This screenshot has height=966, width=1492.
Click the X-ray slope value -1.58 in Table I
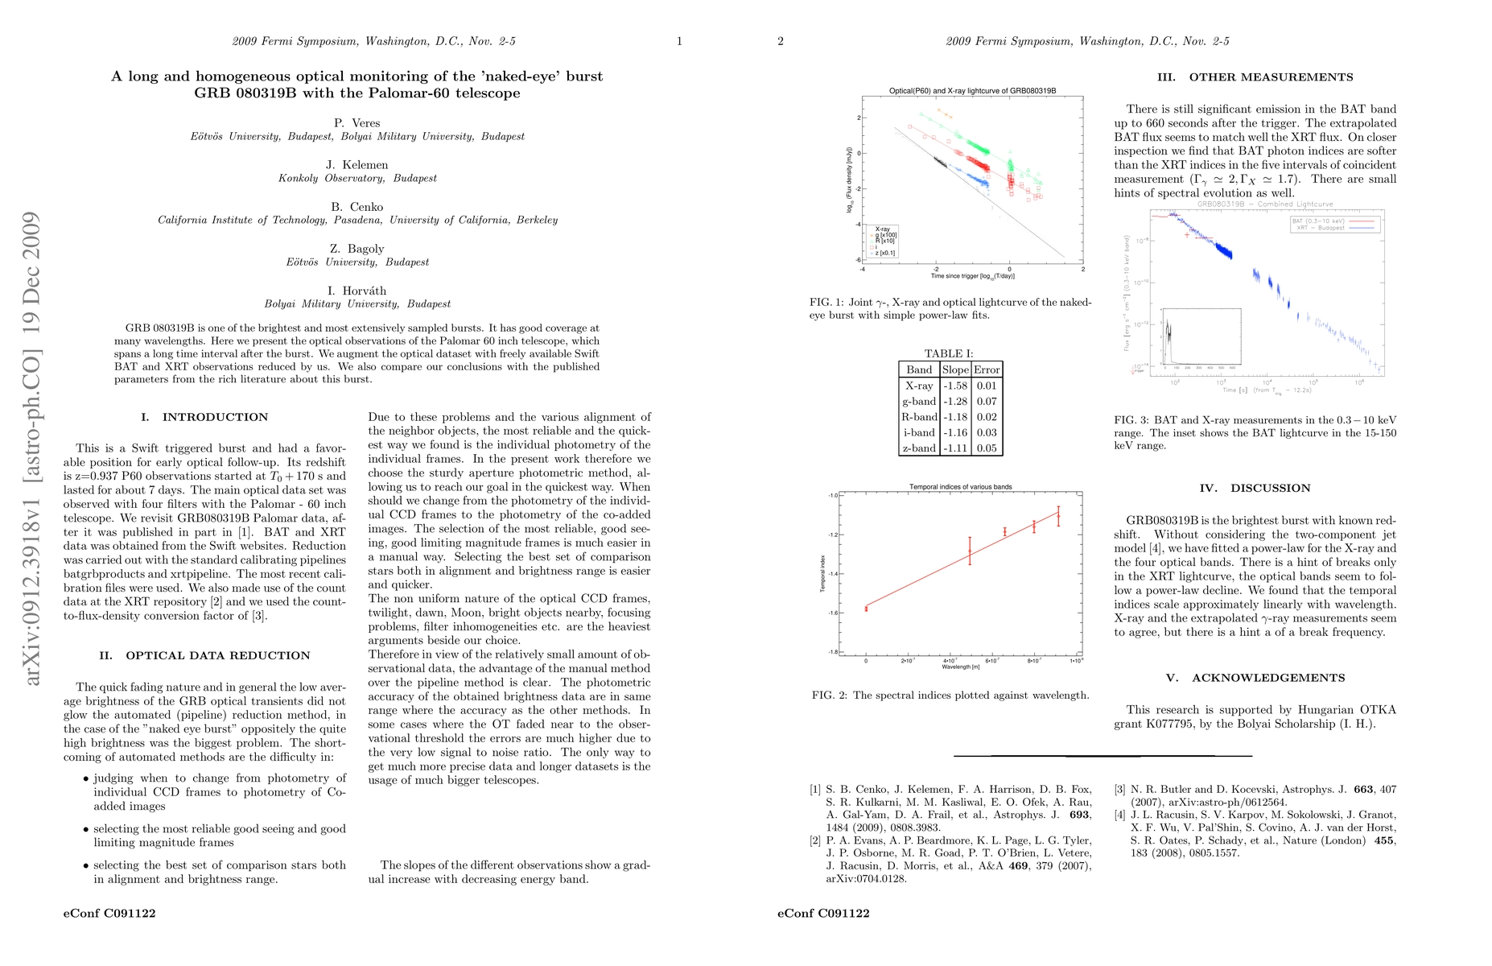click(955, 386)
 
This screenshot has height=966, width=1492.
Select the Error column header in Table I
click(987, 369)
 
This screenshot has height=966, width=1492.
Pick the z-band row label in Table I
click(919, 448)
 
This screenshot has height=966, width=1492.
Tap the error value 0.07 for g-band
click(987, 401)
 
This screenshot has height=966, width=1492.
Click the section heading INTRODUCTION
click(215, 417)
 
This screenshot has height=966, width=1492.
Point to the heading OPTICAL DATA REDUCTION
click(217, 655)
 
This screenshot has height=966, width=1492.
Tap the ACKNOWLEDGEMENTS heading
click(1267, 678)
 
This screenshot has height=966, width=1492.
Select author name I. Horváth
click(357, 291)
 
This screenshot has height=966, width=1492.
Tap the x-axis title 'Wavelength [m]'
click(960, 667)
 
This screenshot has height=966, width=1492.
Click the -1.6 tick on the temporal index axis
click(832, 613)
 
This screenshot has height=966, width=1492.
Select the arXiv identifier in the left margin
click(31, 448)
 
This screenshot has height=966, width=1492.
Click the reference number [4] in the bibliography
click(1120, 815)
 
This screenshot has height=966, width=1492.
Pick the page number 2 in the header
click(781, 41)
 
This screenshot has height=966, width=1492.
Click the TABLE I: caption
click(949, 353)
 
